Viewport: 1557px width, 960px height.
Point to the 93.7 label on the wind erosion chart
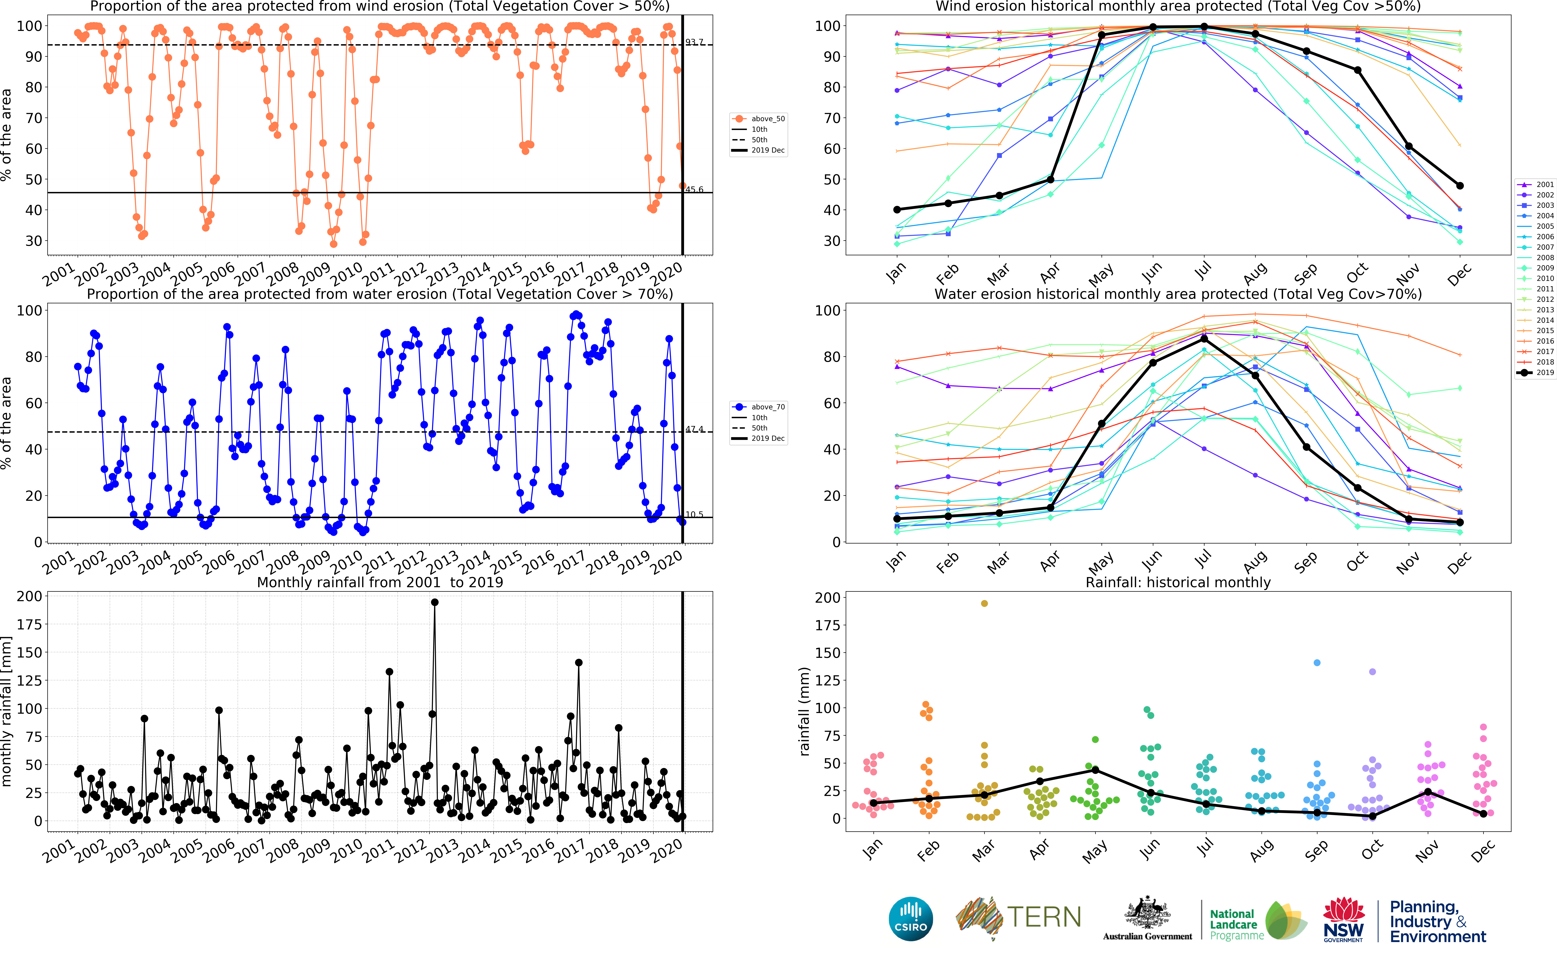click(x=694, y=42)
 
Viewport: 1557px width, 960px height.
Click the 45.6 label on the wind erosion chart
click(x=694, y=189)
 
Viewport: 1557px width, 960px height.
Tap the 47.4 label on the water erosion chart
click(x=694, y=429)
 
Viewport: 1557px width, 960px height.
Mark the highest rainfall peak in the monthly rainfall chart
click(x=435, y=602)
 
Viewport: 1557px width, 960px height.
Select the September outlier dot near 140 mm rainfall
click(x=1317, y=663)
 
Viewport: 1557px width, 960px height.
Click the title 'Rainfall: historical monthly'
click(x=1178, y=582)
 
